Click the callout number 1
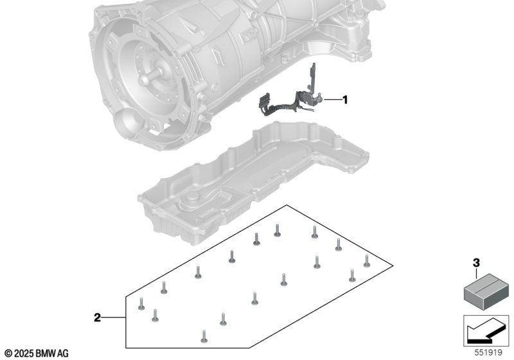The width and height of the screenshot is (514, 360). [x=345, y=100]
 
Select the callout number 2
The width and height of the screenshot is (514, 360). [x=98, y=318]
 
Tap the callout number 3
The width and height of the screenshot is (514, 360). [x=476, y=263]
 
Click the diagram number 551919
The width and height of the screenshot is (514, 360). [x=488, y=353]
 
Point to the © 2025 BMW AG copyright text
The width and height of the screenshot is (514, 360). [x=37, y=354]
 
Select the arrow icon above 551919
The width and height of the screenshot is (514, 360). [x=486, y=331]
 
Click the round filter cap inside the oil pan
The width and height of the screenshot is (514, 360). [x=191, y=199]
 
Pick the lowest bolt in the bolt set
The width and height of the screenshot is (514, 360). [x=204, y=336]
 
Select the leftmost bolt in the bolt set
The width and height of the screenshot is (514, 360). [x=141, y=304]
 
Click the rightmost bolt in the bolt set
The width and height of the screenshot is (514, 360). [x=367, y=260]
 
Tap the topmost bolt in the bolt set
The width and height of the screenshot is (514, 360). [x=278, y=230]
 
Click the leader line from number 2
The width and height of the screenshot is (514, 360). [x=114, y=318]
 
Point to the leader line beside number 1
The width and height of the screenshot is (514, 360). [x=333, y=100]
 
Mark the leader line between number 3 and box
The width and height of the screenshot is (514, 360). [x=476, y=273]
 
